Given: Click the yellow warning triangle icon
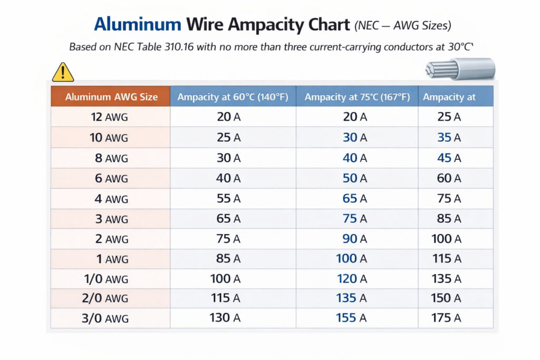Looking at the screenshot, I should click(63, 72).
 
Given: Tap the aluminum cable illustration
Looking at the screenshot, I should click(460, 70).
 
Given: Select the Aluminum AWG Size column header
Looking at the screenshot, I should click(111, 97).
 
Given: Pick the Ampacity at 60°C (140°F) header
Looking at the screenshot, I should click(233, 97).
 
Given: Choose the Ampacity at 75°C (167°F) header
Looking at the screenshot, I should click(357, 97).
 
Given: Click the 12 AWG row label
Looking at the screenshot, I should click(109, 117).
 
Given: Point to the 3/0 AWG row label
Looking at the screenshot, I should click(109, 318).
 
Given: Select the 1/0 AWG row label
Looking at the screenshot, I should click(109, 278).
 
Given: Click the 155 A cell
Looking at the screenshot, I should click(351, 318).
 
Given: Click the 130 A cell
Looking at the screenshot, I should click(226, 318).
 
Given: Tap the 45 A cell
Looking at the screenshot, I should click(449, 158).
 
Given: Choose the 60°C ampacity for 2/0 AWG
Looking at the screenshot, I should click(226, 298).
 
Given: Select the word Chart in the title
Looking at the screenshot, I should click(324, 25).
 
